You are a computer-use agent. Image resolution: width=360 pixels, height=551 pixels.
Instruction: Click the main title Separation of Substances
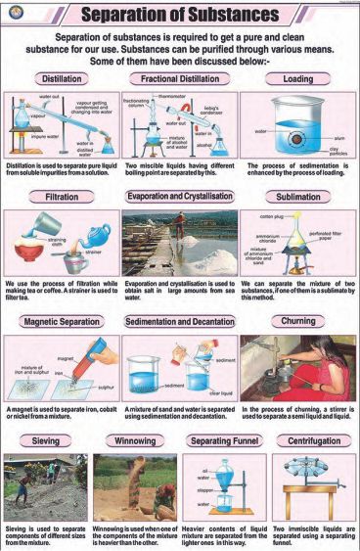pos(179,15)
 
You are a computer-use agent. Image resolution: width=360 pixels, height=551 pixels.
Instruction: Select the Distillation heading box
pos(61,77)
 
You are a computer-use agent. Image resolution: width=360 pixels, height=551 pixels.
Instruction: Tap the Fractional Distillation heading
pos(179,77)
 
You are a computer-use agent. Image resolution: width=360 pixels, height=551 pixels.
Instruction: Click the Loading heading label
pos(297,77)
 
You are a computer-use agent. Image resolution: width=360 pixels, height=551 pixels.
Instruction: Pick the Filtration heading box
pos(61,197)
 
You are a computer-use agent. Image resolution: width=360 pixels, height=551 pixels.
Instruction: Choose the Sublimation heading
pos(297,197)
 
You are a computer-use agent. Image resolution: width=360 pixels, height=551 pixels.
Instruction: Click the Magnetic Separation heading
pos(61,321)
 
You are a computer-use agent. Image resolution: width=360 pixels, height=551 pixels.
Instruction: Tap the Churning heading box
pos(297,321)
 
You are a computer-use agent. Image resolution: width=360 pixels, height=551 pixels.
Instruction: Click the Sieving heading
pos(45,441)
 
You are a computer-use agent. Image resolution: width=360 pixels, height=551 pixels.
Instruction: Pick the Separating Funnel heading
pos(224,441)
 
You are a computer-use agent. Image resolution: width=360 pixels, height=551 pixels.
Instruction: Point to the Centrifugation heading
pos(314,441)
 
